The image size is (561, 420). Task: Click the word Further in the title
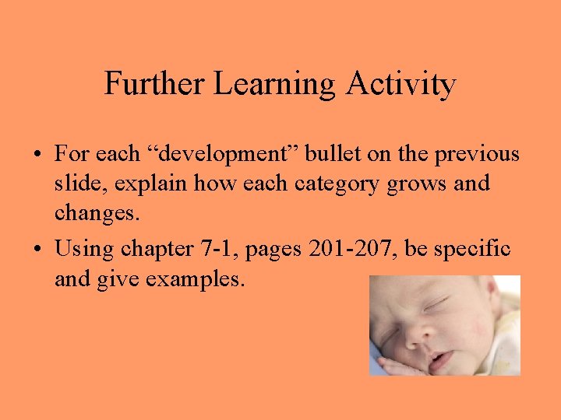click(148, 84)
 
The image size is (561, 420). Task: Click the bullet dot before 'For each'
click(37, 155)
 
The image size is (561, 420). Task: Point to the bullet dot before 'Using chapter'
click(37, 250)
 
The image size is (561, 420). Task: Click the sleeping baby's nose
click(416, 331)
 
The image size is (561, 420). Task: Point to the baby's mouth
click(439, 360)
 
